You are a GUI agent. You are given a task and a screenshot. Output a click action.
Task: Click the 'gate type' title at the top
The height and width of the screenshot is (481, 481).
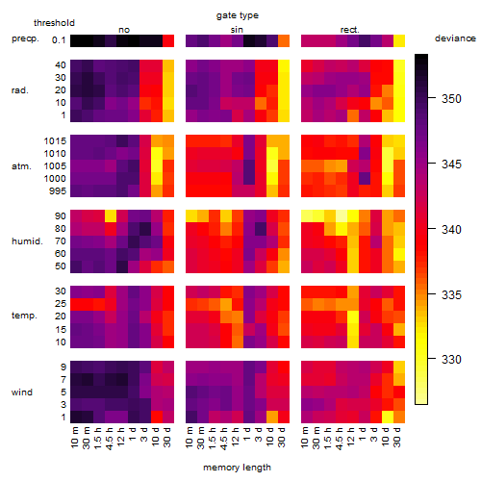[x=238, y=15]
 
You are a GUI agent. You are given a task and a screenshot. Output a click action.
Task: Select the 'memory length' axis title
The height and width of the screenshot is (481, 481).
[x=237, y=468]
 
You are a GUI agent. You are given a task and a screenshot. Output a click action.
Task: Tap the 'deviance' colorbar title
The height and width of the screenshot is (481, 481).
[x=455, y=38]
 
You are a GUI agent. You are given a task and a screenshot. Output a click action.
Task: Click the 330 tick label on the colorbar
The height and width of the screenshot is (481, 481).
[x=451, y=359]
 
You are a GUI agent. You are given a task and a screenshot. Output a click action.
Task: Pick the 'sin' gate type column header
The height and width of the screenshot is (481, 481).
[x=237, y=30]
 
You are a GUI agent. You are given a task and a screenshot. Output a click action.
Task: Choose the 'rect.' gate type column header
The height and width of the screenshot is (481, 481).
[x=349, y=30]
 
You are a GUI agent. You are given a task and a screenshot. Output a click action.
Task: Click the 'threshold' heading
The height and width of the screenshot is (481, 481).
[x=54, y=23]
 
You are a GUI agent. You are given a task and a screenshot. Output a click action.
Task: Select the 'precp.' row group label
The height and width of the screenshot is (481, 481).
[x=25, y=38]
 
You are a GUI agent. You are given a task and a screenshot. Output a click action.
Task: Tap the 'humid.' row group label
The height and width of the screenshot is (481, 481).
[x=27, y=241]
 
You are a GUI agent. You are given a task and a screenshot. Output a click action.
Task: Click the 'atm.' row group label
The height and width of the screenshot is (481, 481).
[x=21, y=166]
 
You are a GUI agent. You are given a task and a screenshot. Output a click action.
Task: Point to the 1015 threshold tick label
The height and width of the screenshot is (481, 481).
[x=55, y=140]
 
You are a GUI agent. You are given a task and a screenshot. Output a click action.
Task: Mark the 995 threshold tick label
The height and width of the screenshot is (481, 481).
[x=58, y=191]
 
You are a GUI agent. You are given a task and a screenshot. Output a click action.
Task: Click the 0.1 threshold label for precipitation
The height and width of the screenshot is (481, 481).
[x=59, y=40]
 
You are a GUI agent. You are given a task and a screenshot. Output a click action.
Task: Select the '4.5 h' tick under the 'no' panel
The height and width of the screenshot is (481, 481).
[x=110, y=439]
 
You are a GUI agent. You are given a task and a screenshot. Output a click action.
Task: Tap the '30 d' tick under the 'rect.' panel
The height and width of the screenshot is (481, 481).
[x=397, y=437]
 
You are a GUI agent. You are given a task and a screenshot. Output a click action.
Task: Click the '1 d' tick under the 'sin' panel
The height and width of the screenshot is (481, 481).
[x=247, y=434]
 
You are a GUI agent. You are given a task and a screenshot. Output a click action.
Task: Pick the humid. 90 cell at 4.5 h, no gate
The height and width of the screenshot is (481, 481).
[x=111, y=216]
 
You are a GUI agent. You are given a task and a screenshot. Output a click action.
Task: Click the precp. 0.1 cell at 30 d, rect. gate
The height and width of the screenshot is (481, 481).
[x=399, y=40]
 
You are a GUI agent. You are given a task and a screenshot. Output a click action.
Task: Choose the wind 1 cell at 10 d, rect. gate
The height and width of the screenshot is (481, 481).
[x=388, y=417]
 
